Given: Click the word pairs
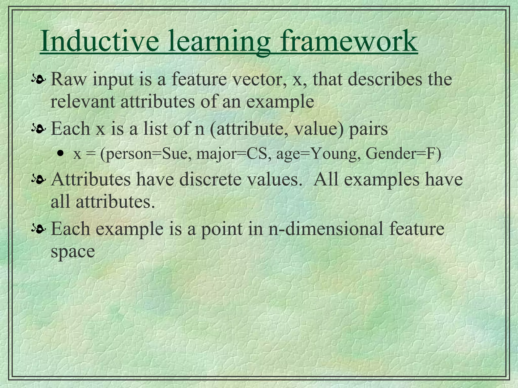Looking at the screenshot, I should click(x=369, y=129).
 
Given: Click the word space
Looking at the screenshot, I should click(x=73, y=252).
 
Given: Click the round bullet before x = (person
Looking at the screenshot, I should click(x=60, y=153).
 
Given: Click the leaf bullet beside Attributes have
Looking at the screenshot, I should click(x=38, y=180).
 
